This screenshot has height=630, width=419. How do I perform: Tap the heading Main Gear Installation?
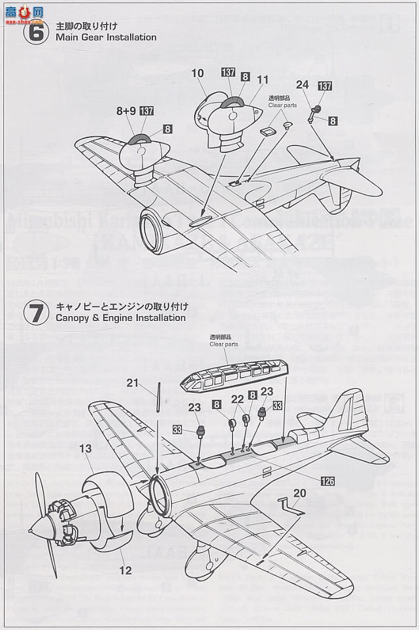click(x=106, y=37)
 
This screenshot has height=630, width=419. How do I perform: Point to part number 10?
click(x=198, y=74)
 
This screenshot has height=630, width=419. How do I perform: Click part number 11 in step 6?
click(x=263, y=80)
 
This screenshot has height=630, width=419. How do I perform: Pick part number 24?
click(x=302, y=84)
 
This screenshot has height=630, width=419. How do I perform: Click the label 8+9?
click(x=126, y=111)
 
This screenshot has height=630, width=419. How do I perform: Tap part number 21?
click(x=133, y=383)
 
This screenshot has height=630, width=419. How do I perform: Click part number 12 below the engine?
click(x=125, y=570)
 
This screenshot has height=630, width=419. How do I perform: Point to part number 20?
click(x=299, y=493)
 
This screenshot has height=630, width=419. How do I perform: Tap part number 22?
click(x=237, y=399)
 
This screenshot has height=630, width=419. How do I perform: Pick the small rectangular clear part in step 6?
click(x=265, y=131)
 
